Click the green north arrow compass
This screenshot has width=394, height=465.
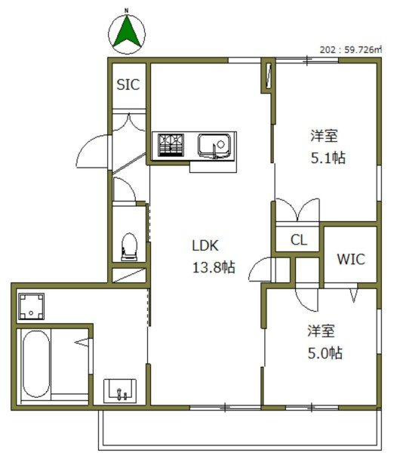pos(128,32)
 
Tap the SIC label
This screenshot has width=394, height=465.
pos(128,85)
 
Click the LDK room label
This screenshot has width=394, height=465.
pos(205,245)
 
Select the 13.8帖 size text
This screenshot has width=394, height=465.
pos(212,266)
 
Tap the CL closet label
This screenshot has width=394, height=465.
pos(299,240)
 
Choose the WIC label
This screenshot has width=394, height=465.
pos(350,259)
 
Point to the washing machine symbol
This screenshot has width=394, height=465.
pos(33,306)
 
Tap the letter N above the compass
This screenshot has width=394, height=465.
pos(127,11)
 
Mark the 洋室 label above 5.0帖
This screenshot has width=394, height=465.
pos(322,331)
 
